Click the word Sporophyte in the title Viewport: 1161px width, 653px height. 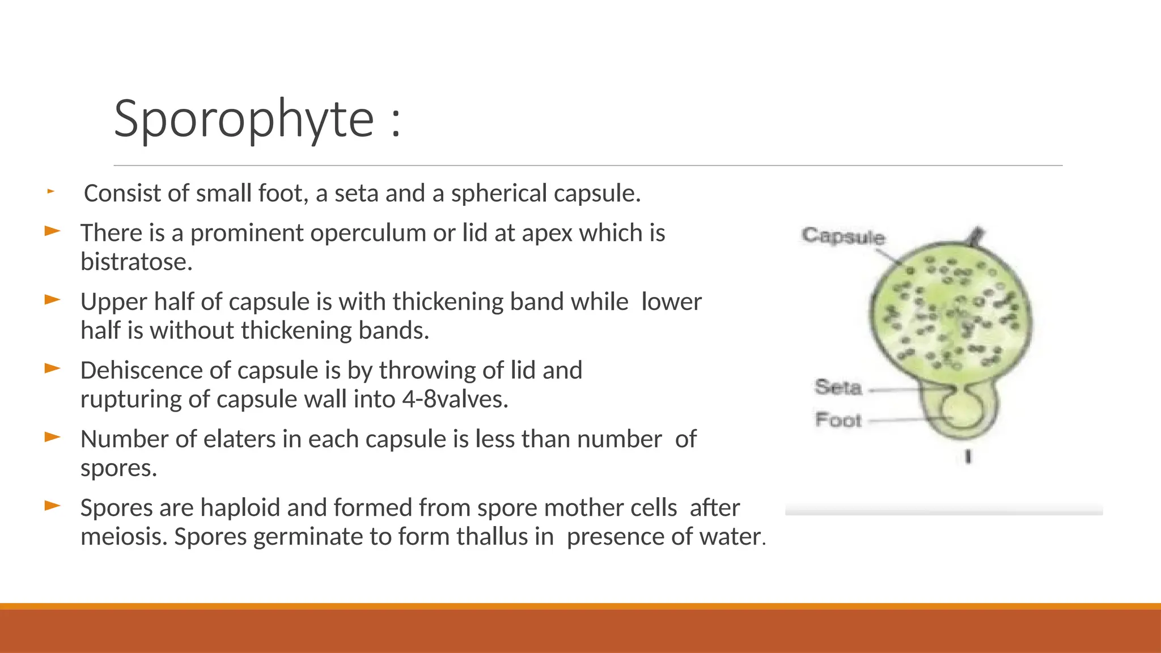[x=244, y=119]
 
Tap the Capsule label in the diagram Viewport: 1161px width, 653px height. [x=843, y=236]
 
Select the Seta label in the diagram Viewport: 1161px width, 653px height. [x=838, y=388]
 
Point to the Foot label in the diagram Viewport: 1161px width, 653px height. [x=838, y=421]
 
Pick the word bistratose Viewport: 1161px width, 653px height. [x=136, y=262]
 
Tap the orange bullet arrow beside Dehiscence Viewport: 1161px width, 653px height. [x=52, y=369]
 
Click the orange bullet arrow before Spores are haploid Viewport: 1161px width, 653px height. [x=52, y=506]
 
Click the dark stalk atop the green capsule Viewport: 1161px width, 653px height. [x=977, y=236]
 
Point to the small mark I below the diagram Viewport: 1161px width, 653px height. [x=968, y=457]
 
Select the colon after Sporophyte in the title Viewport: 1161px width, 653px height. [x=396, y=121]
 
